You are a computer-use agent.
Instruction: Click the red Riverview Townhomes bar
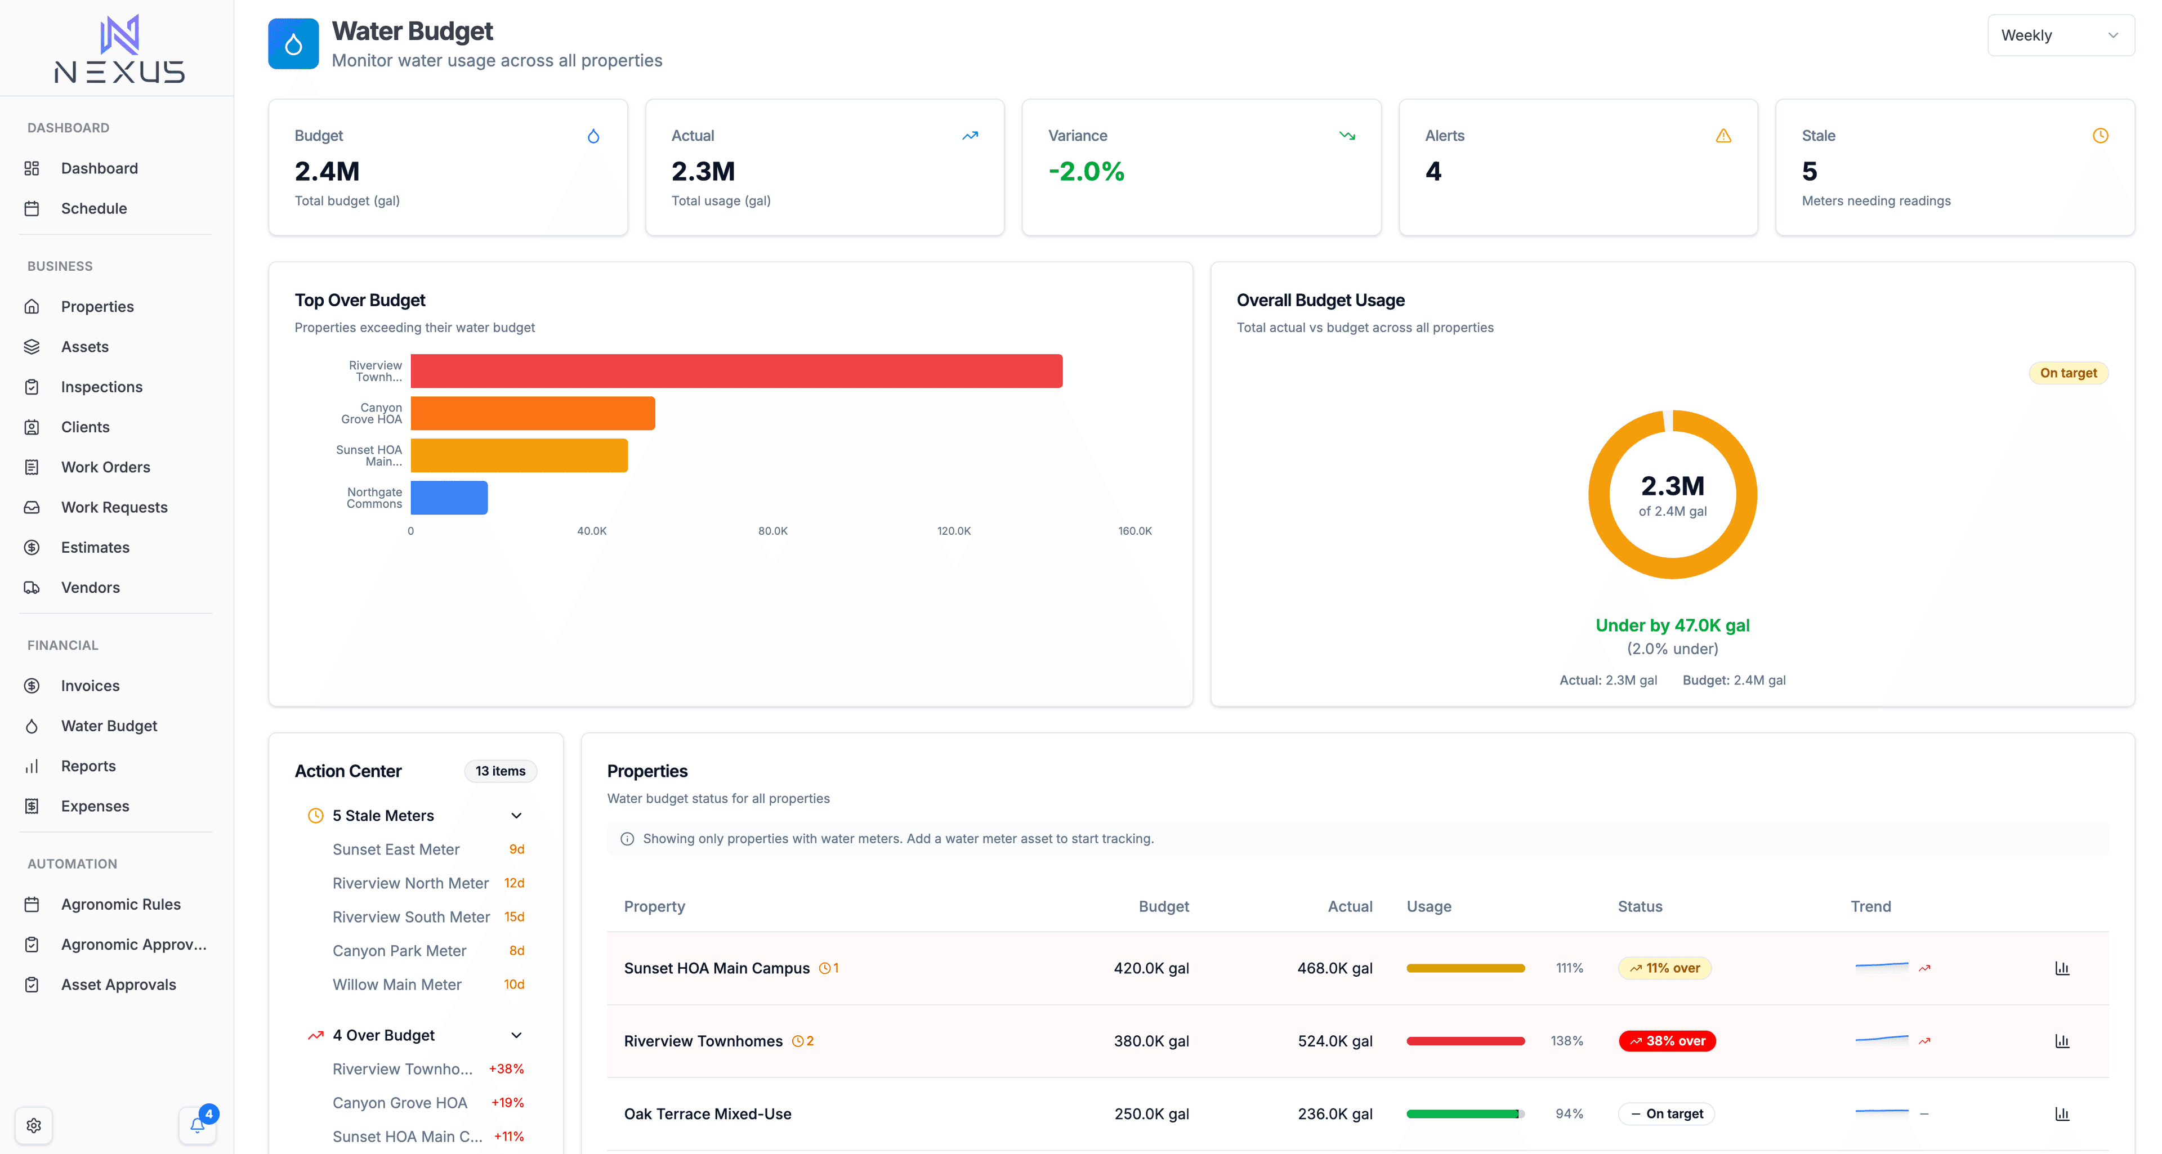coord(736,371)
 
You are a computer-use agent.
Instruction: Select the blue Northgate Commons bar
coord(449,498)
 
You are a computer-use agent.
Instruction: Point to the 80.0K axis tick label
coord(772,531)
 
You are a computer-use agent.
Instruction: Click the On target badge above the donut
coord(2067,373)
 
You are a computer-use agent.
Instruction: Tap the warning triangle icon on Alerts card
coord(1723,136)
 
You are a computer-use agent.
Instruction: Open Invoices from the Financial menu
coord(90,686)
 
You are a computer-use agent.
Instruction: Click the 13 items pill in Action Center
coord(500,771)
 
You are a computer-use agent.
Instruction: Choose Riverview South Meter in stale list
coord(410,918)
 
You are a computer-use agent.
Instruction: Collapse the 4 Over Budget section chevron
coord(516,1036)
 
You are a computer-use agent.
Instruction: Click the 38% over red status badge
coord(1667,1041)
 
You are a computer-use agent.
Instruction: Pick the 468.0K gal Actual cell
coord(1334,969)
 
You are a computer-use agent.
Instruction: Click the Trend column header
coord(1870,906)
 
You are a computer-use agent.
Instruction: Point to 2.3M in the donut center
coord(1672,486)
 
